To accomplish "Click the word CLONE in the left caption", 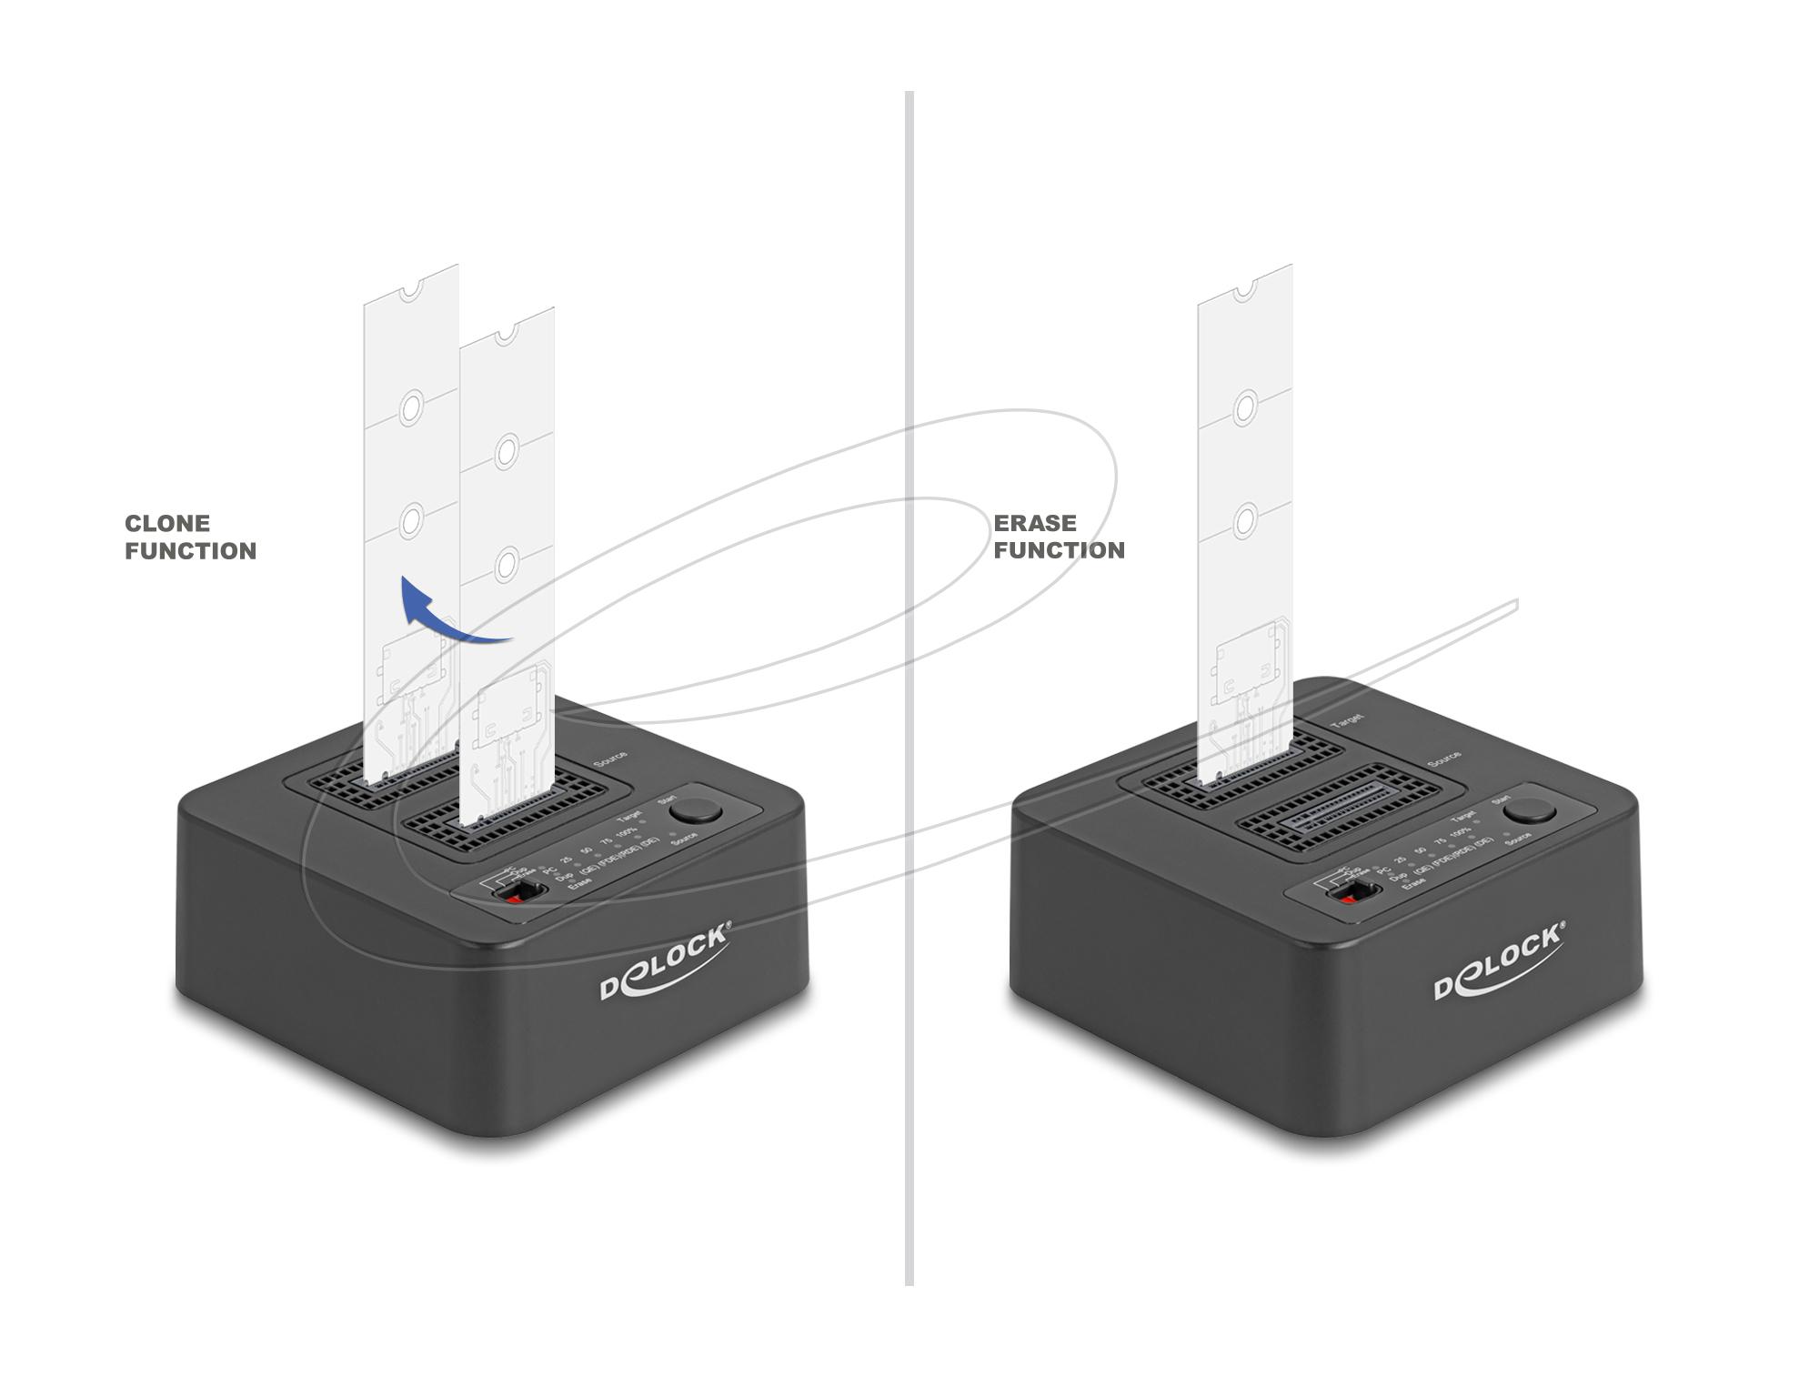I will coord(167,523).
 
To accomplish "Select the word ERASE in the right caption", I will coord(1034,523).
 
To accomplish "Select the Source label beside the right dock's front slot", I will coord(1444,758).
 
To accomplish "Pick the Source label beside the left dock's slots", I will coord(610,759).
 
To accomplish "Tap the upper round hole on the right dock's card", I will coord(1246,406).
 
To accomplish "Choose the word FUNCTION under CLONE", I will coord(190,551).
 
